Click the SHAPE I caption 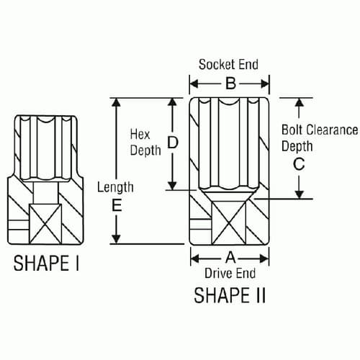[x=47, y=264]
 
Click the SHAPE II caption [x=229, y=295]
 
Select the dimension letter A [x=230, y=256]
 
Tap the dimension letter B [x=229, y=84]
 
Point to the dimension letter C [x=300, y=163]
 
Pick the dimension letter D [x=172, y=143]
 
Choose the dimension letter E [x=115, y=205]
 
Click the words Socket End [x=228, y=64]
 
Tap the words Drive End [x=230, y=273]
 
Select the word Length [x=115, y=187]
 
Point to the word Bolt [x=294, y=130]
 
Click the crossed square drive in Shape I [x=47, y=222]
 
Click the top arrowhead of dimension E [x=115, y=102]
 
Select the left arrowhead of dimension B [x=193, y=84]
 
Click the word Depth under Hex [x=145, y=151]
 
